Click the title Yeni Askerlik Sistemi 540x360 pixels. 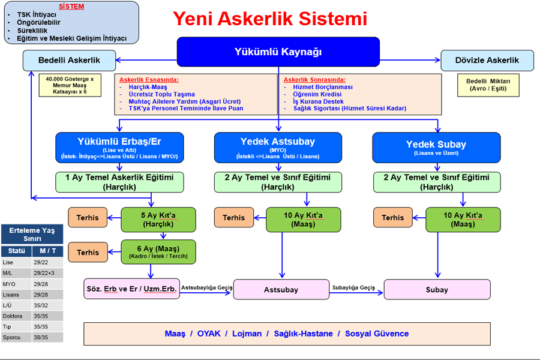click(270, 19)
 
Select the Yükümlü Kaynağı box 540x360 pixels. click(278, 52)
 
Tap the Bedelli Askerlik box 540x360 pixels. click(69, 60)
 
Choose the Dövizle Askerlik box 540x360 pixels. click(487, 60)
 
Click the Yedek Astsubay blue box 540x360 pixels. click(278, 147)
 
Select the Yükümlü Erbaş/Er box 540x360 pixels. click(119, 147)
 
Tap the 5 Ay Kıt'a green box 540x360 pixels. click(158, 220)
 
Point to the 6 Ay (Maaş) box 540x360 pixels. click(158, 252)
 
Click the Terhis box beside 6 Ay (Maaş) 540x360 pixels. click(88, 252)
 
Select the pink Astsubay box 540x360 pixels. click(281, 290)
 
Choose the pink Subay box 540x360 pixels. click(437, 290)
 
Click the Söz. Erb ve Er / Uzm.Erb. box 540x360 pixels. click(131, 289)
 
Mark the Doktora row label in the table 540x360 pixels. click(13, 316)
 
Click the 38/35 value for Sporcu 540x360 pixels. click(41, 337)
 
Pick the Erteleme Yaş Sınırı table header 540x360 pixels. click(32, 234)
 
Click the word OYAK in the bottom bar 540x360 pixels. click(209, 334)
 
